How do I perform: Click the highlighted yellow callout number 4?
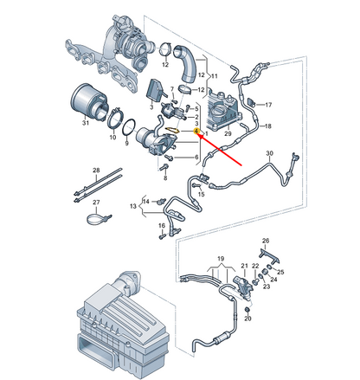(x=198, y=131)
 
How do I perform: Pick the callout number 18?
(x=267, y=127)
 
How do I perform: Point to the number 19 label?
(x=221, y=258)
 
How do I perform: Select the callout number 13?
(x=132, y=208)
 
